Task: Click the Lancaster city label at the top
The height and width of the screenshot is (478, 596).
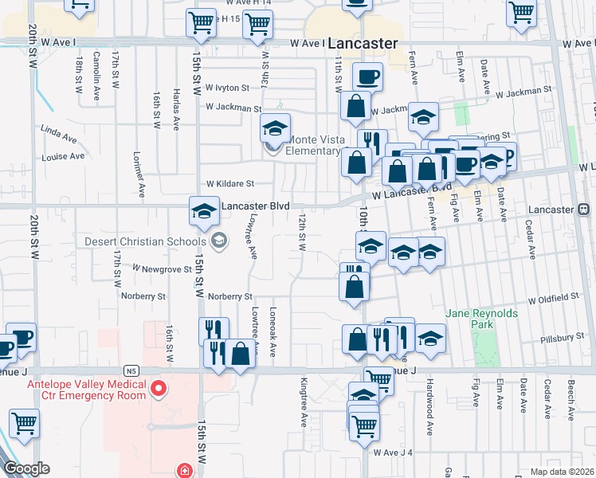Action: pos(363,44)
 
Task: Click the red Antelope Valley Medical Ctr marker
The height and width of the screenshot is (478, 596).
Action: pos(159,389)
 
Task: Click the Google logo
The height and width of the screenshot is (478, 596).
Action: pos(27,468)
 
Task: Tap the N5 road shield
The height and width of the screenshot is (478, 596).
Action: pos(132,370)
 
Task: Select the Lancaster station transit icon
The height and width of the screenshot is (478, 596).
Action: pos(583,209)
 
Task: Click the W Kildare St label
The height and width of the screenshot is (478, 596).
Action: pos(229,183)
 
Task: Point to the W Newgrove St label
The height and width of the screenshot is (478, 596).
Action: pos(163,269)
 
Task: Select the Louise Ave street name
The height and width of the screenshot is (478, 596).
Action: pos(63,156)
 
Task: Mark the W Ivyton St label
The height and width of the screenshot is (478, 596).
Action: pos(227,88)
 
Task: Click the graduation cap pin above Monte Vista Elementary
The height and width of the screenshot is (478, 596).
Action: pos(274,127)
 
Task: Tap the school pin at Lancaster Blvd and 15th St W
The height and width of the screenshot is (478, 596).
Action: pos(204,211)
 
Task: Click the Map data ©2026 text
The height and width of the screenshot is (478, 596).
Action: pos(559,471)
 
